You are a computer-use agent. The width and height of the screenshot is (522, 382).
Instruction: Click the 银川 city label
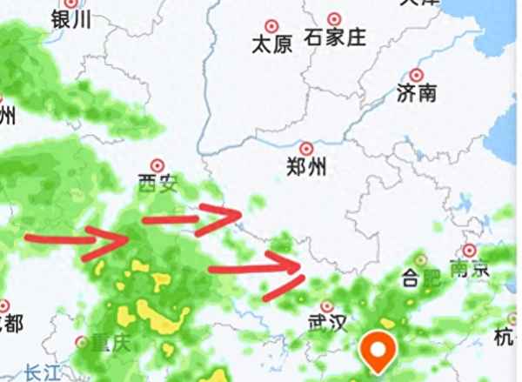click(x=71, y=20)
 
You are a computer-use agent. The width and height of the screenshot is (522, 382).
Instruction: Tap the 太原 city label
click(x=271, y=44)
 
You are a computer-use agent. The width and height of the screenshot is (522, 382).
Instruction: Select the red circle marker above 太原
click(x=271, y=26)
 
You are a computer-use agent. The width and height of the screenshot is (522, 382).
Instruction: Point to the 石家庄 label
click(x=336, y=37)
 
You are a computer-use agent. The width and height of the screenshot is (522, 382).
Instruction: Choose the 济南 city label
click(x=416, y=94)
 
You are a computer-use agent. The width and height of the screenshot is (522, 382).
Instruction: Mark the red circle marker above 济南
click(x=416, y=76)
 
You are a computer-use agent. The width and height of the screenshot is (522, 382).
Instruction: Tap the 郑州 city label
click(x=306, y=167)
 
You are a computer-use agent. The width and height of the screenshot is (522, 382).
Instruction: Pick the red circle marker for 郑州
click(x=306, y=149)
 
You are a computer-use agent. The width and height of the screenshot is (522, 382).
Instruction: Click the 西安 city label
click(x=157, y=183)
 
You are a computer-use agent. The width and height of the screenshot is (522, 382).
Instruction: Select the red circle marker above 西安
click(x=157, y=164)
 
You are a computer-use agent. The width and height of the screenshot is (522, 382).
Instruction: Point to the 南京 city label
click(x=469, y=269)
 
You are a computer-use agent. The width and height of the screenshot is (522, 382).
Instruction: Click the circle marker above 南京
click(x=470, y=251)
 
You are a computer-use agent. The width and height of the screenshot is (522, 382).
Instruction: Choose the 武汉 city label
click(x=327, y=325)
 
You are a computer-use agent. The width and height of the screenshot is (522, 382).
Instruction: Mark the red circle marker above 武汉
click(x=327, y=306)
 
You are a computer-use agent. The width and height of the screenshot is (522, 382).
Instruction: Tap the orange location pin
click(x=379, y=352)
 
